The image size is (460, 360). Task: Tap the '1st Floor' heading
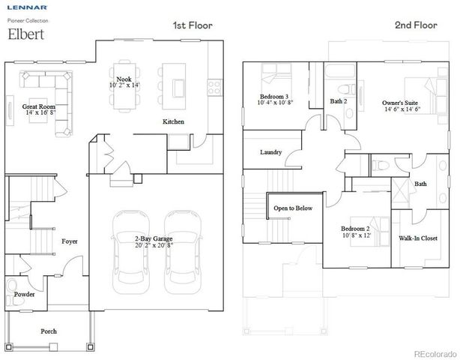[193, 25]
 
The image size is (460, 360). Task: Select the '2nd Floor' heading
[415, 25]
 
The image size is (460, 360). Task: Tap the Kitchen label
[174, 121]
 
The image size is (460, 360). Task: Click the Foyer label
[70, 241]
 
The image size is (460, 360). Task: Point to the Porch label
[48, 331]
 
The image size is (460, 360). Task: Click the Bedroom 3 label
[276, 97]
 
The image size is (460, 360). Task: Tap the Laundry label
[270, 152]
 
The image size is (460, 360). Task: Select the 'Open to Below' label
[293, 208]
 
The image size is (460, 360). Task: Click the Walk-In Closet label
[418, 239]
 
